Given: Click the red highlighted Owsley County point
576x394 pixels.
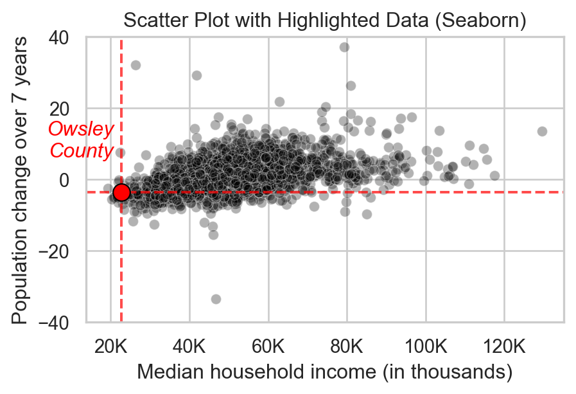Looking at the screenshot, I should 121,192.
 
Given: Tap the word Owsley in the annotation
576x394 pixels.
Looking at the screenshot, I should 81,129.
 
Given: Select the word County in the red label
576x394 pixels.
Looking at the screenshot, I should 82,151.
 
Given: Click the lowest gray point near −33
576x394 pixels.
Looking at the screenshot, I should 216,299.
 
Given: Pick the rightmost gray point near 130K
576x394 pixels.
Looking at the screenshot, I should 542,131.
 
